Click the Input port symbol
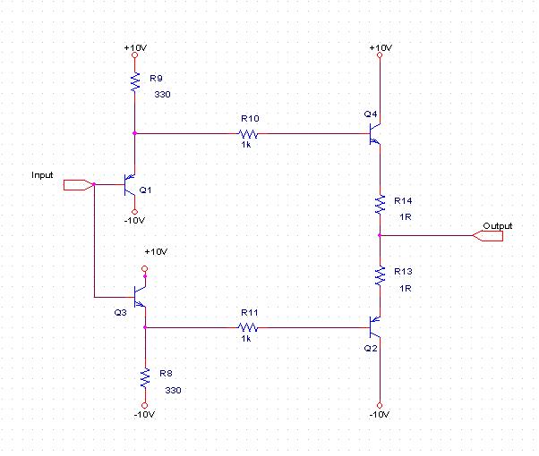click(78, 186)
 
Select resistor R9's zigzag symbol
click(134, 82)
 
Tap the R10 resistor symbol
click(248, 134)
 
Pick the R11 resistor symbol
click(248, 328)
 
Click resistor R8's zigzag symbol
click(143, 378)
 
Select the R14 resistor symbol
click(380, 204)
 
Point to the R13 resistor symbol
click(380, 274)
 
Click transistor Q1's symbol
click(130, 186)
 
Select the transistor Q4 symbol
click(375, 134)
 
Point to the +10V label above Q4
click(380, 46)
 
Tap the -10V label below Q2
click(380, 415)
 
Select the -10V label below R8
click(144, 415)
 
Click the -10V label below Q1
click(135, 220)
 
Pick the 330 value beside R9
click(163, 93)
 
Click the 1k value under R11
click(247, 340)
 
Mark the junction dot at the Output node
click(380, 236)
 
